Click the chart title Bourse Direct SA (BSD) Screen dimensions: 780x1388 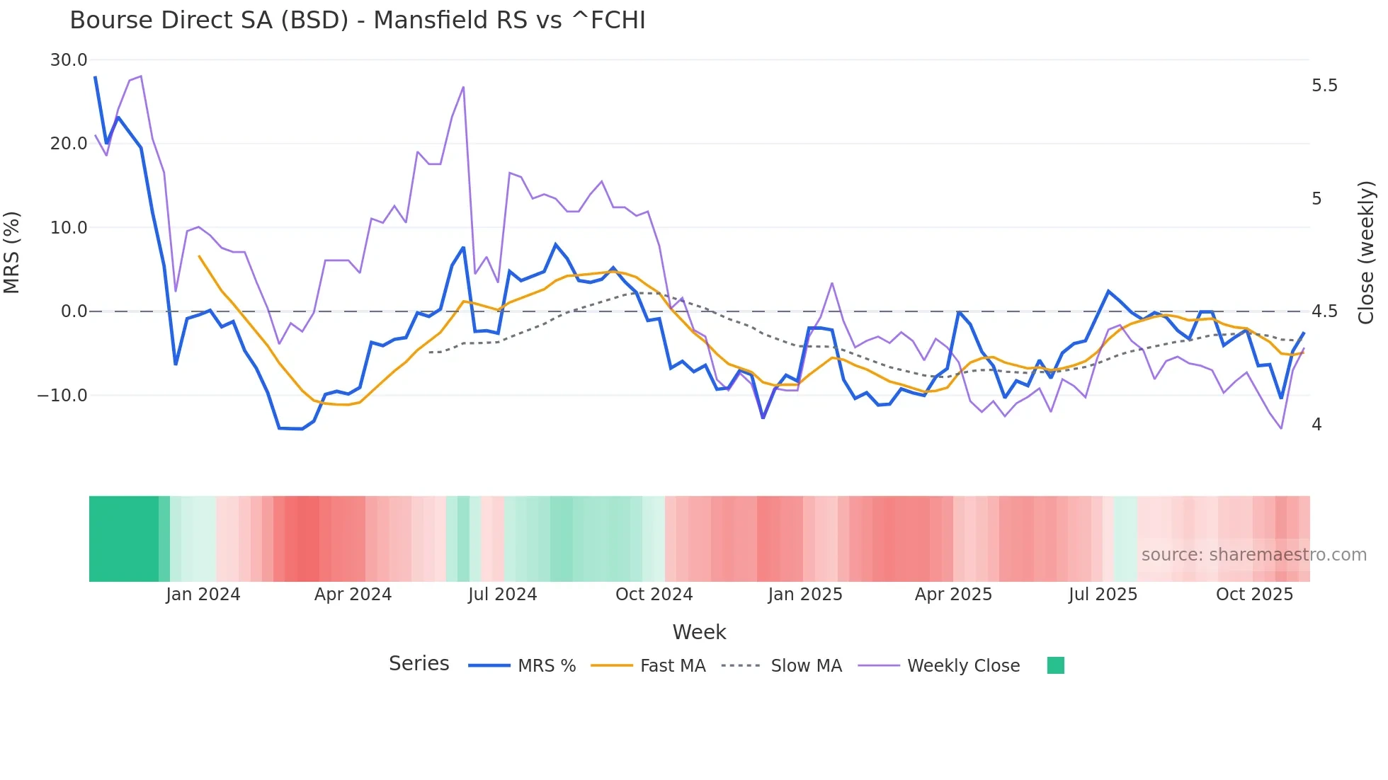[357, 21]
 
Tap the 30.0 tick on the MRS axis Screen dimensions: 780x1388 [69, 60]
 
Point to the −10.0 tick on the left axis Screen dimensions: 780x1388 [62, 396]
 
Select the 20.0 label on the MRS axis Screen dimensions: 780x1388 [69, 144]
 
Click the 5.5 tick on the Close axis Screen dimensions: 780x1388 [1324, 86]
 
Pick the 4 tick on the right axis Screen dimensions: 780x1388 [1316, 425]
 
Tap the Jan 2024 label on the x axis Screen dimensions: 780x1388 [203, 595]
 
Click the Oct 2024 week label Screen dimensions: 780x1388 [654, 595]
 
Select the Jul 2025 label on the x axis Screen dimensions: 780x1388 [1103, 595]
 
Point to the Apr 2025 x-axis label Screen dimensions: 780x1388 [953, 595]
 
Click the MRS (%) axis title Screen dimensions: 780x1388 [12, 253]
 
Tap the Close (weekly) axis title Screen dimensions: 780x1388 [1366, 253]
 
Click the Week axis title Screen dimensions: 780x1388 [699, 632]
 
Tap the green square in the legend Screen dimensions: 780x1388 [1055, 665]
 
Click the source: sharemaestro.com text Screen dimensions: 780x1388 [1253, 555]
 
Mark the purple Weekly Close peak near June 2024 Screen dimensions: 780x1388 [463, 88]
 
